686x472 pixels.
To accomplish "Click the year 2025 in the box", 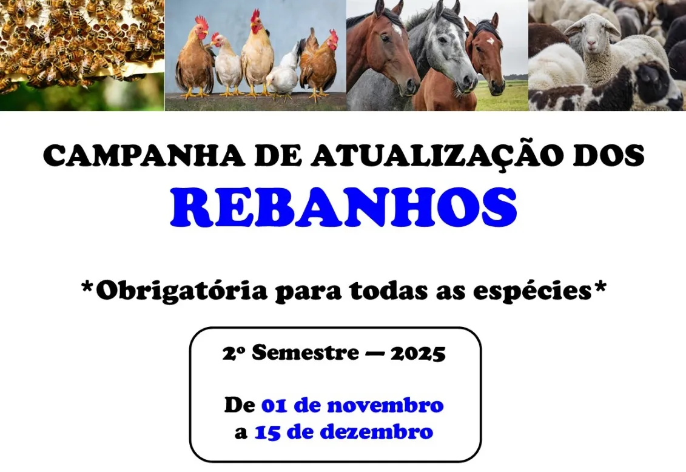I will point(418,353).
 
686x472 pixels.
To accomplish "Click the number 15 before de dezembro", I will point(266,433).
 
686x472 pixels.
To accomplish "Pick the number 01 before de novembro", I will point(274,405).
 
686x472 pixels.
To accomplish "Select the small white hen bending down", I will point(283,79).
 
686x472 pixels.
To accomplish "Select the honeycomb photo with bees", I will point(82,55).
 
